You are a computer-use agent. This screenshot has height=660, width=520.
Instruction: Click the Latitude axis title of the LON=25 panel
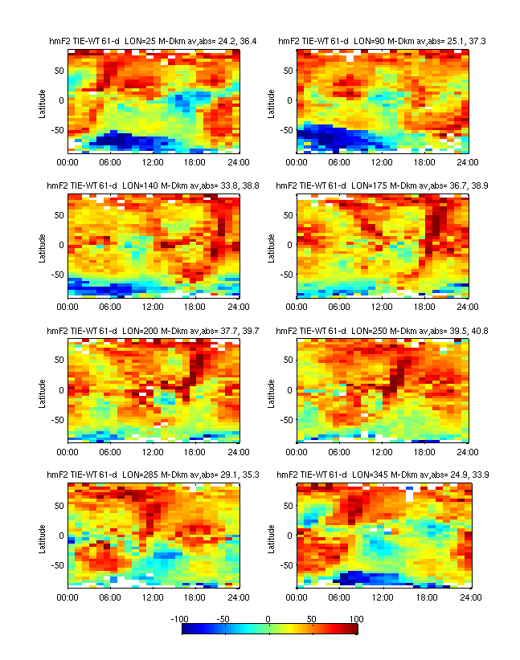coord(41,100)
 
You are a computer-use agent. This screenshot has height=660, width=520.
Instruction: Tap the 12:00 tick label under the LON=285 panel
coord(154,597)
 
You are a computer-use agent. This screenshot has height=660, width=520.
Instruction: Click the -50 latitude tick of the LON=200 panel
coord(57,419)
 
